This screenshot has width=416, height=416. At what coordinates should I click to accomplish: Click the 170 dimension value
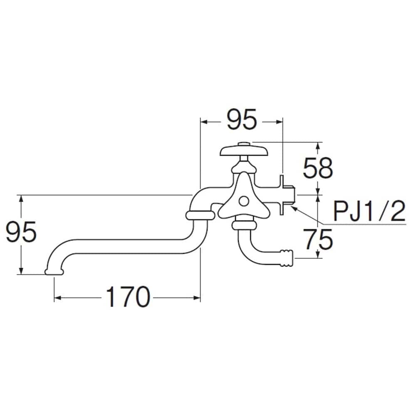tap(128, 297)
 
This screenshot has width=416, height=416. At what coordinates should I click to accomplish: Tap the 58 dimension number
tap(317, 168)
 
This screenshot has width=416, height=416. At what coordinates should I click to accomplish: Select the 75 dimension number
tap(317, 240)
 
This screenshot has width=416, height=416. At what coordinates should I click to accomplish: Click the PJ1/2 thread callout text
tap(369, 211)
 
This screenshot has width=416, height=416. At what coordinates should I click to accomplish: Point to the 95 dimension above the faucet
tap(242, 119)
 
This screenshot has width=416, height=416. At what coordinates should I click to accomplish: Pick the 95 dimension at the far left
tap(21, 231)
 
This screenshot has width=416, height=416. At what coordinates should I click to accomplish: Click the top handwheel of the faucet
tap(244, 151)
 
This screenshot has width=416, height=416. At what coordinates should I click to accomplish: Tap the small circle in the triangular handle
tap(243, 201)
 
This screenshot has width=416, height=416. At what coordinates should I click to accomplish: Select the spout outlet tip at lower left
tap(54, 272)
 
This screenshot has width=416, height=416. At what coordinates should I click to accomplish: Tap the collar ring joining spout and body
tap(200, 215)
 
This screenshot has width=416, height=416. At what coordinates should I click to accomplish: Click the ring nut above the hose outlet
tap(244, 225)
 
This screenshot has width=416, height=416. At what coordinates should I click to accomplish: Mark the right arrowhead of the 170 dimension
tap(197, 298)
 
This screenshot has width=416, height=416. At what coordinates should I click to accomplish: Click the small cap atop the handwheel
tap(244, 144)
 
